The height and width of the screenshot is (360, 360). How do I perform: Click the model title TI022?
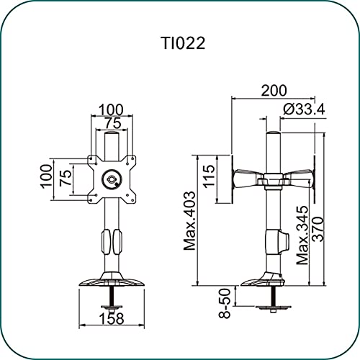click(x=184, y=43)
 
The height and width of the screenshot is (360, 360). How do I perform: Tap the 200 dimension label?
click(x=274, y=91)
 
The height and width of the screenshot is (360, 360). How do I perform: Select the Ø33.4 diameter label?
click(x=304, y=109)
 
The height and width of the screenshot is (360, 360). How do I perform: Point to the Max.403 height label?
click(x=189, y=221)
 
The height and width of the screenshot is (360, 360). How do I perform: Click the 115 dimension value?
click(x=209, y=176)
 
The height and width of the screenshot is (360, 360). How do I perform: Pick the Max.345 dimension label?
click(x=302, y=235)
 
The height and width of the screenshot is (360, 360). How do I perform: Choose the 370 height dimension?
click(x=318, y=229)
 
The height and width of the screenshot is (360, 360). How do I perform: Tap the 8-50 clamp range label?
click(x=225, y=303)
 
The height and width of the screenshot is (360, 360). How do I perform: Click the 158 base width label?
click(x=112, y=318)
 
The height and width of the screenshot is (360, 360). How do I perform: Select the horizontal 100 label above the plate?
click(x=112, y=110)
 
